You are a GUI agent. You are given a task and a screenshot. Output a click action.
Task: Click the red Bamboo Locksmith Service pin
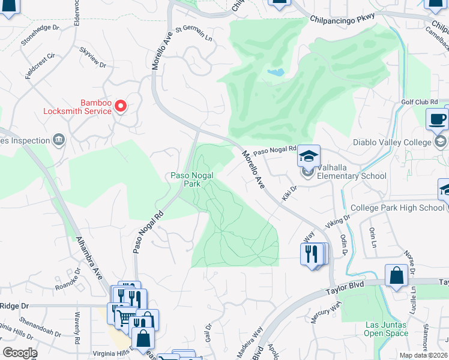121,106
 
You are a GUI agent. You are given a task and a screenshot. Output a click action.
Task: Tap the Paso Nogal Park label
185,179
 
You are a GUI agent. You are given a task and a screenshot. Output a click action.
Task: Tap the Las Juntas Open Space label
386,328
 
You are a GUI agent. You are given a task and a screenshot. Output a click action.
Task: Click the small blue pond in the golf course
276,73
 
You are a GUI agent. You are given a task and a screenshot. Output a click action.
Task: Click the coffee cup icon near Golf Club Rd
437,119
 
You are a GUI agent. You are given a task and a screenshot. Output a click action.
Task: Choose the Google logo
20,352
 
